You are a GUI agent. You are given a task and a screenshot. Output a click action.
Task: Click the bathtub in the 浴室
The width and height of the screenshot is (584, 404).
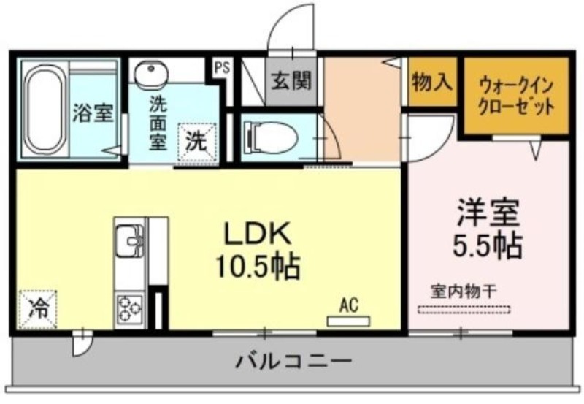tap(45, 109)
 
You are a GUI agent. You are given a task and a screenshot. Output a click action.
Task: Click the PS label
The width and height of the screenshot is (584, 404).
tap(223, 68)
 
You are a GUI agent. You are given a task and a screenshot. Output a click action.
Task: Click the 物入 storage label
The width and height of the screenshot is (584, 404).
tap(432, 81)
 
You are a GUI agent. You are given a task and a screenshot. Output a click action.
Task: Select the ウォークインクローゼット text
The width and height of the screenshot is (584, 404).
tap(516, 97)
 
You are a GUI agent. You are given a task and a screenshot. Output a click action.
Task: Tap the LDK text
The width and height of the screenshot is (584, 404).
tap(258, 234)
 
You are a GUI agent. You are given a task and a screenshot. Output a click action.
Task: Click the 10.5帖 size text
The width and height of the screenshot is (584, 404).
tap(258, 267)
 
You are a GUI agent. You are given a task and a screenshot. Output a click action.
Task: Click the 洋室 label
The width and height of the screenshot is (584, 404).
tap(488, 213)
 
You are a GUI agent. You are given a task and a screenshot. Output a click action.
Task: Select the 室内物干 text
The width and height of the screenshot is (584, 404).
tap(464, 291)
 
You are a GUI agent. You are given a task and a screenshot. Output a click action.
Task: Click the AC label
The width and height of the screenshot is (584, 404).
tap(349, 305)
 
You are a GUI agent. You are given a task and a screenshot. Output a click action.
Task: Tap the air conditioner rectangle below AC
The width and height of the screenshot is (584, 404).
tap(348, 321)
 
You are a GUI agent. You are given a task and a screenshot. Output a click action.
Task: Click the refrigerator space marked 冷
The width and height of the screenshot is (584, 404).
tap(38, 310)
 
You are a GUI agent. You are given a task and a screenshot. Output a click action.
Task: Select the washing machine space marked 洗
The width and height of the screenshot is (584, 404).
tap(196, 142)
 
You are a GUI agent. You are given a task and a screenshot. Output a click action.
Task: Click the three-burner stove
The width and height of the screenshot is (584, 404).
tap(130, 309)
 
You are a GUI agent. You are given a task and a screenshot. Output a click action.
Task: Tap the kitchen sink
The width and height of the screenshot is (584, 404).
tap(130, 240)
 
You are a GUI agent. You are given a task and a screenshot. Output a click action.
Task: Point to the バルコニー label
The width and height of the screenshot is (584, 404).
tap(294, 361)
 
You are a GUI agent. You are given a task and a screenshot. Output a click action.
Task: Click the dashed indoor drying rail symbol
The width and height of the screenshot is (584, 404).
tap(464, 309)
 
